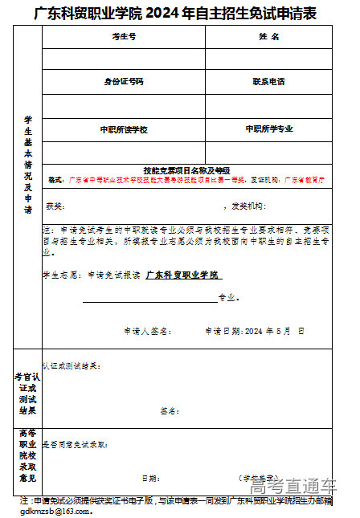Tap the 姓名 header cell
pos(268,38)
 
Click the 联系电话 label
pos(268,82)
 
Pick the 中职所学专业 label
pos(268,128)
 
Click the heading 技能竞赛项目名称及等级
pos(186,170)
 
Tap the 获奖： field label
pos(54,206)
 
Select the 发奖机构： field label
pos(247,206)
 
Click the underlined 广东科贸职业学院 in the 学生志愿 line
pos(182,275)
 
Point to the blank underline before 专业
pos(149,299)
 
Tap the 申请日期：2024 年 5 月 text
pos(249,330)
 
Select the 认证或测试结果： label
pos(72,365)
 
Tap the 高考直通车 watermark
pos(292,487)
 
